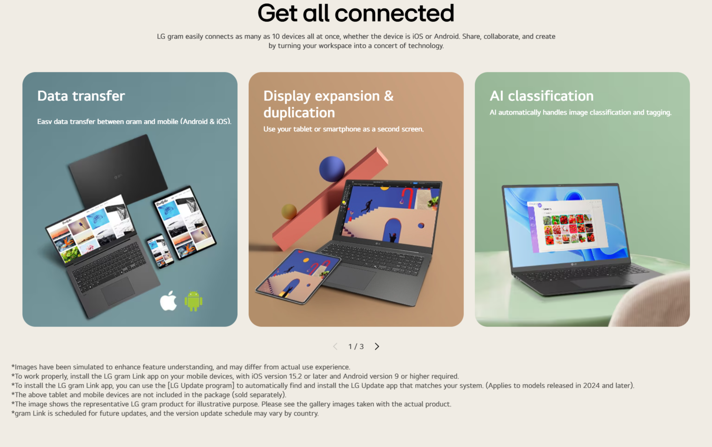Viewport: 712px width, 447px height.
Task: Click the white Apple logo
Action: [168, 301]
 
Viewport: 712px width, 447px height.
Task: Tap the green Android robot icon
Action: [194, 301]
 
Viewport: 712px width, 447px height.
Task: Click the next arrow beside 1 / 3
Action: [377, 346]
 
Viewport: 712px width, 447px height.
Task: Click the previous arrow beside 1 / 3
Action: [335, 346]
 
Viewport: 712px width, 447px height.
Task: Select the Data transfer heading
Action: [81, 96]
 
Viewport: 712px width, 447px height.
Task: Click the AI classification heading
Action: [541, 96]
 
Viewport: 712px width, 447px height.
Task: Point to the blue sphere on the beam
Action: [332, 169]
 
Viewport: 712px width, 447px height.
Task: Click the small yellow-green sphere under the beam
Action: [289, 211]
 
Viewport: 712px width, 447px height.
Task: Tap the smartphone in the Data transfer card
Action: [160, 251]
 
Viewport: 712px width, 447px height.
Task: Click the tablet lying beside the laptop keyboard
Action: [298, 276]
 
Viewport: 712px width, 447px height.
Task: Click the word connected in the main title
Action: [394, 13]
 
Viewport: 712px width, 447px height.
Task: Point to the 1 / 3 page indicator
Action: [356, 347]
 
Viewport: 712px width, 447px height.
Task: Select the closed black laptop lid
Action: [118, 171]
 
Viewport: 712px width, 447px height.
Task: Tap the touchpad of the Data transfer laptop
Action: [118, 291]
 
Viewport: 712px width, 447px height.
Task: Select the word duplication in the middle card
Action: [299, 113]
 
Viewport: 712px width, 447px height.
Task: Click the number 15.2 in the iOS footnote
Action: [296, 376]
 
